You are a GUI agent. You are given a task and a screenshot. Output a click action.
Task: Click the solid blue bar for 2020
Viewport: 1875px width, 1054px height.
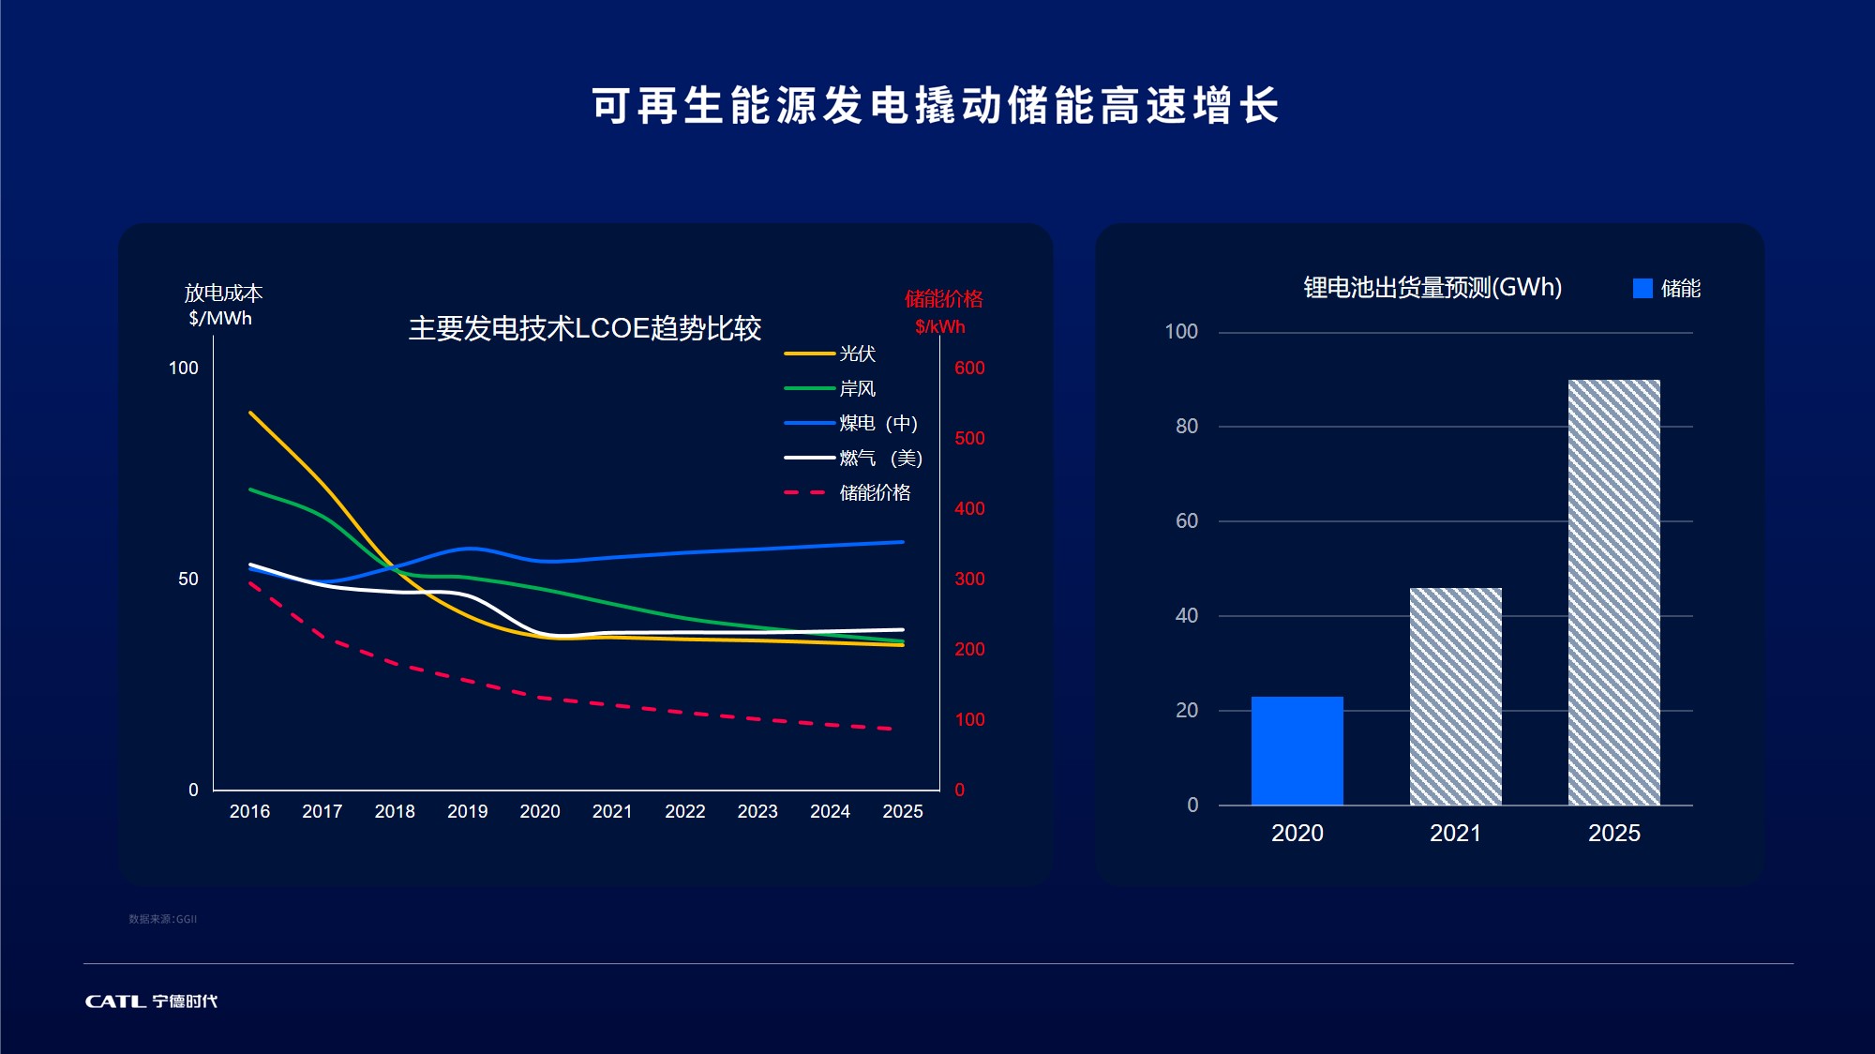coord(1297,750)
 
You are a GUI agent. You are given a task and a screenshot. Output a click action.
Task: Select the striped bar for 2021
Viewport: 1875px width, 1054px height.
coord(1455,696)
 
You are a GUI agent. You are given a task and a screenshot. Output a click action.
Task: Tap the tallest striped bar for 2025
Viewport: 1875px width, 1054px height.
coord(1613,592)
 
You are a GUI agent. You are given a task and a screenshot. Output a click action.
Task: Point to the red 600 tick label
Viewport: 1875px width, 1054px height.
coord(969,368)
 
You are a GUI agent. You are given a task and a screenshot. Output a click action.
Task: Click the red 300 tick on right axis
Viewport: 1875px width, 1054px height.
coord(969,579)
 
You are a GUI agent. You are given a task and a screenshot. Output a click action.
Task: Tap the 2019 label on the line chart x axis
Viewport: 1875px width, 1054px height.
coord(467,811)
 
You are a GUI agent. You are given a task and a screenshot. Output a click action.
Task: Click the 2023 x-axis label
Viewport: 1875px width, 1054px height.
coord(757,811)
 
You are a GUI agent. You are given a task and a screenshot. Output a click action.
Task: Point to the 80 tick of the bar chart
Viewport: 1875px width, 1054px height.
coord(1186,426)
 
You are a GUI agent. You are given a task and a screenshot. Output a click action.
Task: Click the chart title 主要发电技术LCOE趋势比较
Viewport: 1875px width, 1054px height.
coord(584,328)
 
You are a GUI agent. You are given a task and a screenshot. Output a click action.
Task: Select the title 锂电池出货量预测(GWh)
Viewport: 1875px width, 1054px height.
coord(1432,287)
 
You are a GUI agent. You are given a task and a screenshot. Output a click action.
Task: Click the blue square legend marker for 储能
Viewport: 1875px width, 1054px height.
coord(1642,288)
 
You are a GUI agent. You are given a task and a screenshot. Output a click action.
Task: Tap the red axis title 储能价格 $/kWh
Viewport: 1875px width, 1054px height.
coord(943,312)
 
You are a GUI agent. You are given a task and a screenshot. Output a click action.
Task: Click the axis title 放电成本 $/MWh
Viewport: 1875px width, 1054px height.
coord(222,305)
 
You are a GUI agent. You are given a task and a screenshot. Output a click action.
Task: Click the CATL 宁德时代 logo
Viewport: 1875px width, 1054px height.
coord(151,1001)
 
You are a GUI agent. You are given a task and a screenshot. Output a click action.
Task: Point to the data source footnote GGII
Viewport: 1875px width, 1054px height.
coord(162,919)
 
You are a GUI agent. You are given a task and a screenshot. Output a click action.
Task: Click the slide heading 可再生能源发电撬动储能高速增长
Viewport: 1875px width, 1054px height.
coord(936,105)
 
